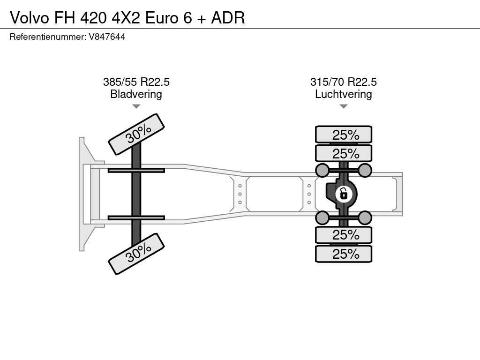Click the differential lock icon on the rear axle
tap(344, 194)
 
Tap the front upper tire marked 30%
tap(136, 134)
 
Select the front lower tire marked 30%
tap(136, 254)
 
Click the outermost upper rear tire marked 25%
tap(344, 135)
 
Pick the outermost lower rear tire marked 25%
tap(344, 254)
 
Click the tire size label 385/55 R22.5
tap(136, 82)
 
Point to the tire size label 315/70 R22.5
tap(344, 82)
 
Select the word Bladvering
tap(136, 94)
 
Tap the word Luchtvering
tap(344, 94)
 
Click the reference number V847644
tap(107, 37)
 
